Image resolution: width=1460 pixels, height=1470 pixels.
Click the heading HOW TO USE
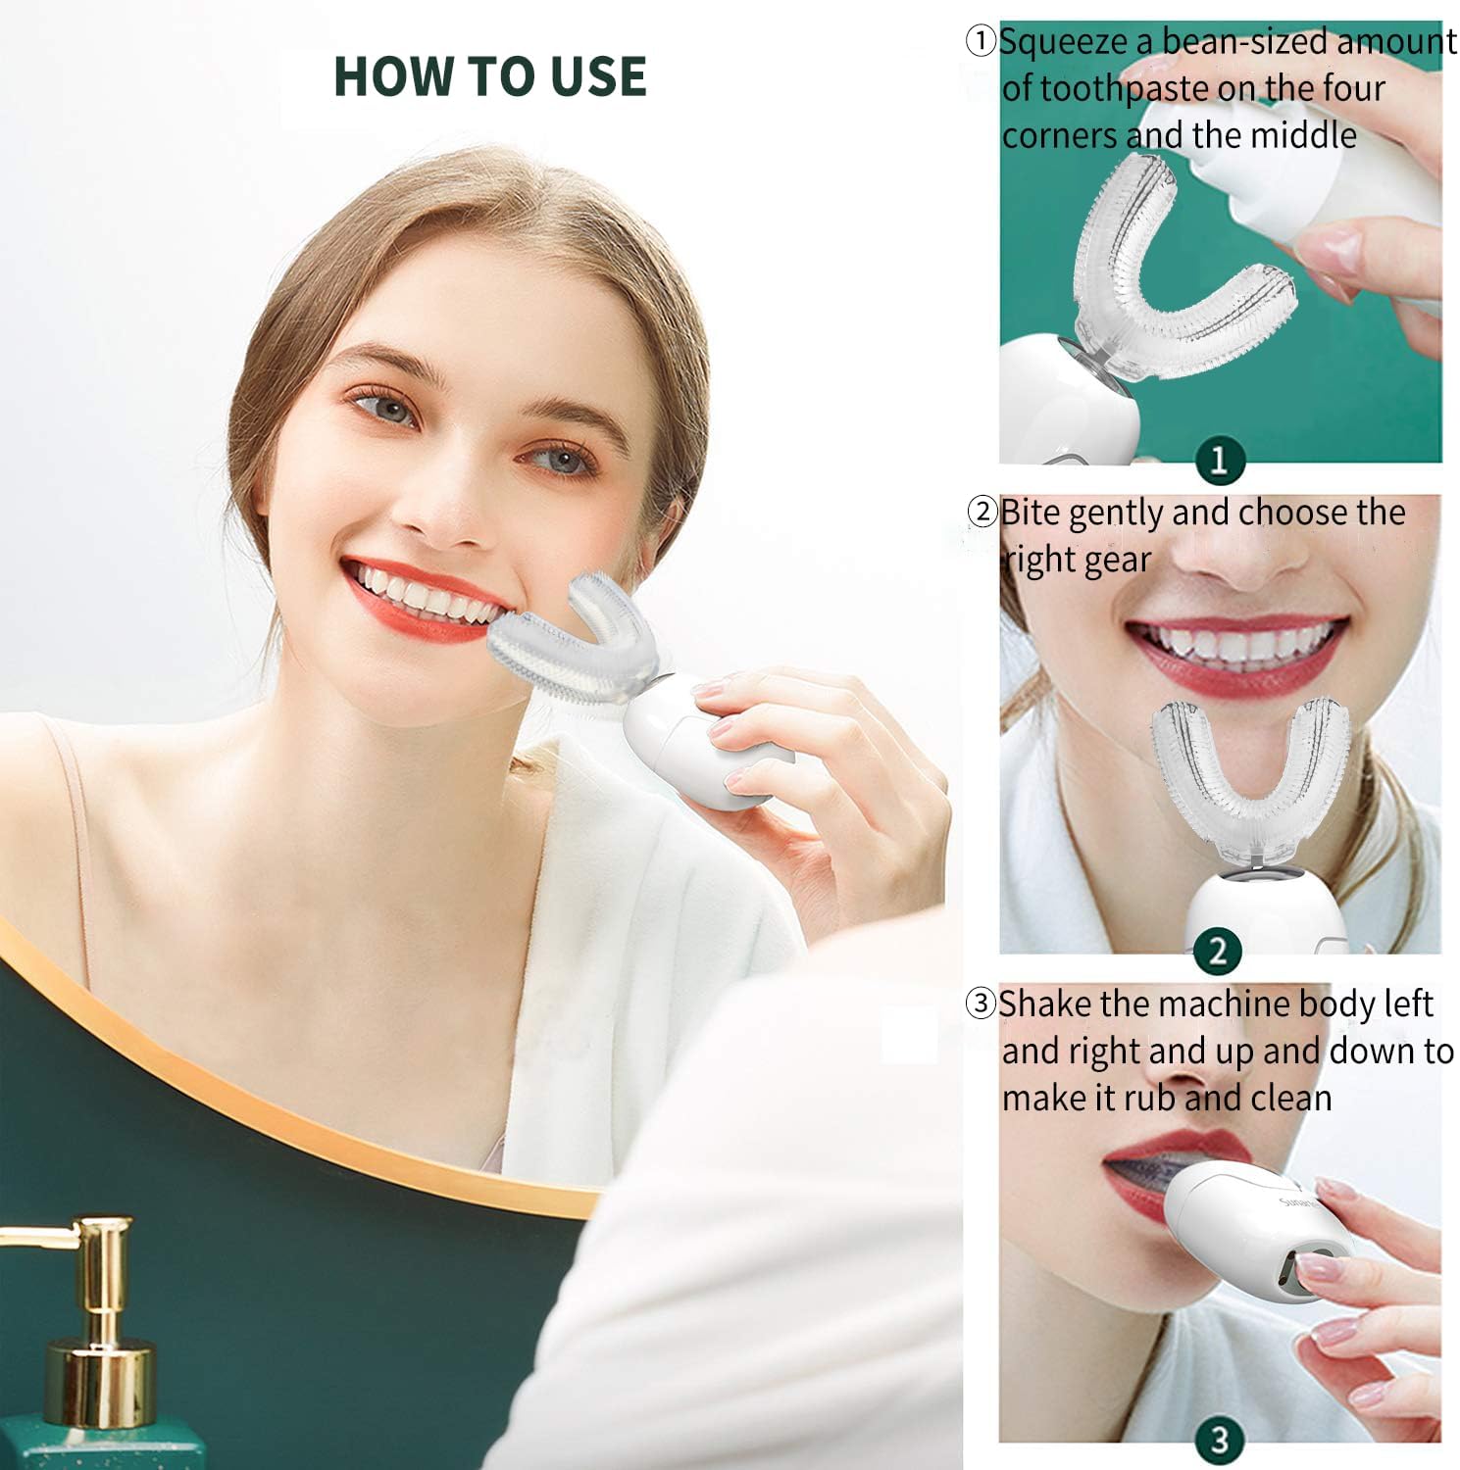489,76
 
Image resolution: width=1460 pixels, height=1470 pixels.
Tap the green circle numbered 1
1219,459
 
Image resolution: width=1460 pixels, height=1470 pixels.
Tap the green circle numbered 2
1219,950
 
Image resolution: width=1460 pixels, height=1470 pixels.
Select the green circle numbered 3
1219,1440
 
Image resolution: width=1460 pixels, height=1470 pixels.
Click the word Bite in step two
1030,513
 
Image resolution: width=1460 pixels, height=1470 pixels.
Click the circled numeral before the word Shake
981,1004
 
